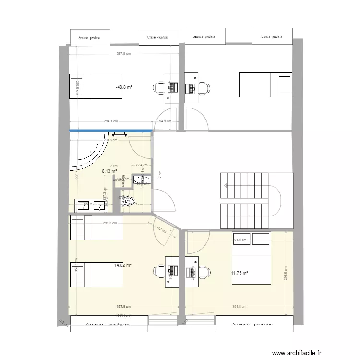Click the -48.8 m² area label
click(124, 88)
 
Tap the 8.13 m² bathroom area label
click(109, 170)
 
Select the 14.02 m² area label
click(123, 265)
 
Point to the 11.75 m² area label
click(239, 273)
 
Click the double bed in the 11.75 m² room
click(251, 258)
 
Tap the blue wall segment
click(111, 130)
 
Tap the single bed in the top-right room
click(265, 84)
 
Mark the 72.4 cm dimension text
click(141, 165)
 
